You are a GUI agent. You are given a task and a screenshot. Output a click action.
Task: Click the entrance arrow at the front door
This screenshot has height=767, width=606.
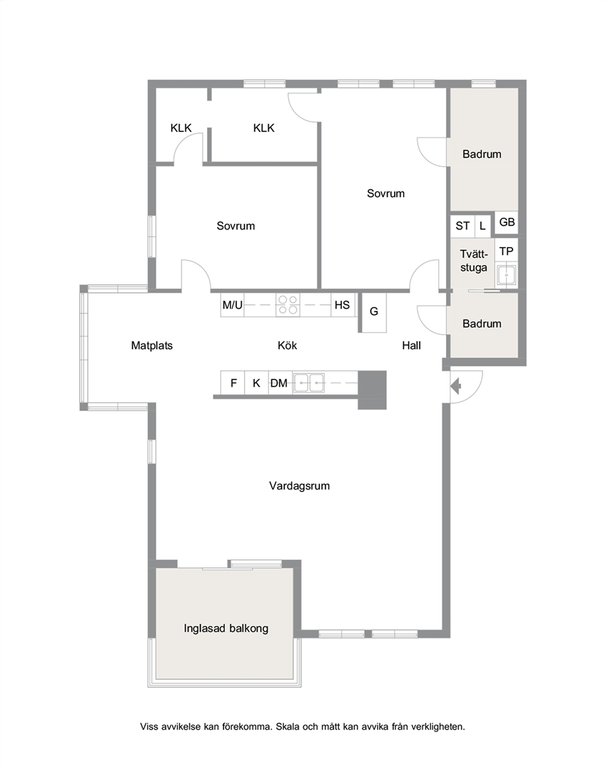point(456,386)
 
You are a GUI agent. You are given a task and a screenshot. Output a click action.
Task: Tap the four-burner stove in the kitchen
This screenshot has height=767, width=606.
point(288,305)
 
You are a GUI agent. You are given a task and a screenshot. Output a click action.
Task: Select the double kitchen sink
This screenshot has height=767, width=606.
point(308,383)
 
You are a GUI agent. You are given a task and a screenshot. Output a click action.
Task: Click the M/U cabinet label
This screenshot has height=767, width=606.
point(232,305)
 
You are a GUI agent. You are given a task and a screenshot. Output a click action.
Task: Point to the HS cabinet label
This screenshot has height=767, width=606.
point(342,305)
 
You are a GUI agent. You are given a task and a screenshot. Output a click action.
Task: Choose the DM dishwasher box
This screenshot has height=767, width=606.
point(280,383)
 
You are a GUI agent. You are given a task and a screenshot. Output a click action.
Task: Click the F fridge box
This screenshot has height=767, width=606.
point(233,383)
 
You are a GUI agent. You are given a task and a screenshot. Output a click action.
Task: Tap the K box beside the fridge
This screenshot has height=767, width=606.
point(257,383)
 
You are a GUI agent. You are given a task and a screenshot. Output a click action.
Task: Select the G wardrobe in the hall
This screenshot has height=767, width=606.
point(374,313)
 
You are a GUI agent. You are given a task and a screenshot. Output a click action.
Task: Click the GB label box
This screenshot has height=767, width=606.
point(506,222)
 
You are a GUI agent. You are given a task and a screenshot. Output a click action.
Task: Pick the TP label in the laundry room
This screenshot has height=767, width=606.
point(506,252)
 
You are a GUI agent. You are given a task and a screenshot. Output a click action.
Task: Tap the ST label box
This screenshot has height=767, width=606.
point(463,226)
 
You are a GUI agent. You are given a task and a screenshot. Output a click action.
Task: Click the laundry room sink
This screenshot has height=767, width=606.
point(506,275)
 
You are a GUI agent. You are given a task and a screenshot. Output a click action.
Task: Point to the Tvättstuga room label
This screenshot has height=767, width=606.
point(473,261)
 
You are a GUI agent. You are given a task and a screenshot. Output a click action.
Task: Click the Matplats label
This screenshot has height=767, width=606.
point(151,346)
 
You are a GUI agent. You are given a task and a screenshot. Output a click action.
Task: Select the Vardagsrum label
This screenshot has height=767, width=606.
point(299,486)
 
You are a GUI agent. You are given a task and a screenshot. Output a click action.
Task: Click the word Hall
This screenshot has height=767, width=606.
point(412,345)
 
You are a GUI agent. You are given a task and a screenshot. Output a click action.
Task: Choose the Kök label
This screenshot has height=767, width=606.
point(288,345)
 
